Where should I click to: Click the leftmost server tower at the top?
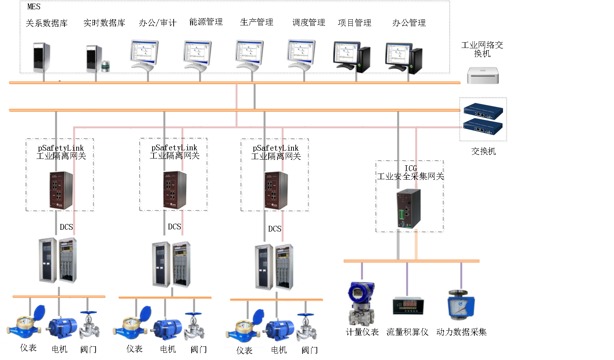click(x=42, y=57)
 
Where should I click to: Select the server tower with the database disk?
click(x=95, y=58)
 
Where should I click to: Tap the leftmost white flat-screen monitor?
click(x=144, y=54)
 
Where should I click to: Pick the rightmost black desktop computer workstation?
click(x=403, y=57)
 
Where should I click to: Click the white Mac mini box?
click(x=483, y=76)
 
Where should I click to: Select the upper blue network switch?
click(x=483, y=111)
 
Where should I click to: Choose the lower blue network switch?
click(x=483, y=127)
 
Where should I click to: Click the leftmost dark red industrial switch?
click(x=61, y=190)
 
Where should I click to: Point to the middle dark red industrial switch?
click(x=175, y=190)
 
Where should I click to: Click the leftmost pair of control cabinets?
click(x=58, y=260)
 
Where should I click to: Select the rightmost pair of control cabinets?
click(x=274, y=267)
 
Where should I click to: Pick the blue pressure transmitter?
click(x=362, y=303)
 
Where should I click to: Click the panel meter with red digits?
click(x=408, y=306)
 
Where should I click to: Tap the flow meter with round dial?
click(x=461, y=305)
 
